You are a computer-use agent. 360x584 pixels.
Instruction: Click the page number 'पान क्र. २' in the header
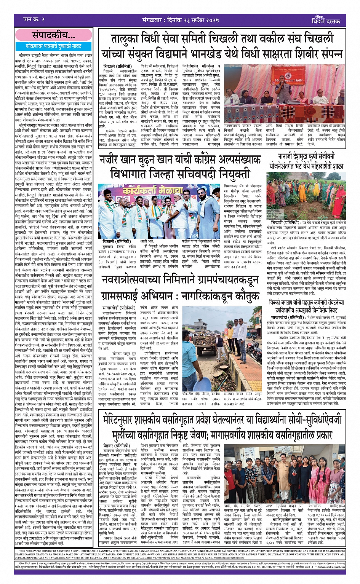point(34,19)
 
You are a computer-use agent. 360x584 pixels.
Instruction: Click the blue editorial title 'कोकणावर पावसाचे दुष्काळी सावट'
point(53,46)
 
